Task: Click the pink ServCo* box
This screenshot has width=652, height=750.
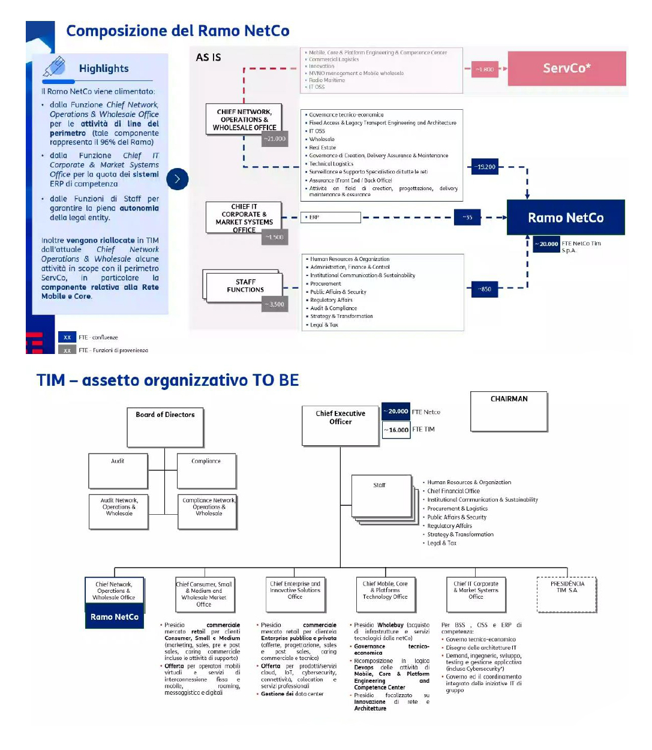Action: coord(567,68)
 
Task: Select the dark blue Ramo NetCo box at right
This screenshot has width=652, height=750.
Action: coord(566,218)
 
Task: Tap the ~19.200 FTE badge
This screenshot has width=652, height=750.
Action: coord(485,167)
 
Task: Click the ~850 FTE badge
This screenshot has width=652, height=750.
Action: coord(485,289)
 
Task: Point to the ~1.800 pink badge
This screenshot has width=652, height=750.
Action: coord(485,70)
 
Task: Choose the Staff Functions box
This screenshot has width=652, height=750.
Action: coord(245,286)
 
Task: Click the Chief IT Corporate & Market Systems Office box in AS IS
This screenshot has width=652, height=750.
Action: coord(244,218)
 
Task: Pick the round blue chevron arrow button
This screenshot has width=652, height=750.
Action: coord(177,179)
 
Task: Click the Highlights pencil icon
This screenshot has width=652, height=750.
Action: coord(55,67)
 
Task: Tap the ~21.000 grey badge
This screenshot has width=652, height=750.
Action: coord(275,139)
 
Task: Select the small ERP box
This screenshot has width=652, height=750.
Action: coord(330,217)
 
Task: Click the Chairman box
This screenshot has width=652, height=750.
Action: coord(509,411)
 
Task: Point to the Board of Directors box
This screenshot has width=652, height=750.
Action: coord(165,427)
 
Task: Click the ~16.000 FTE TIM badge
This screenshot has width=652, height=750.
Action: coord(396,430)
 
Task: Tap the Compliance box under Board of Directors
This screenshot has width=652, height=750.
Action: coord(206,470)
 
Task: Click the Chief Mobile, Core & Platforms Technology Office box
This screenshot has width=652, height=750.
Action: coord(385,593)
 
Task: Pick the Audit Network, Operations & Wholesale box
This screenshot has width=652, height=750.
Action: coord(119,511)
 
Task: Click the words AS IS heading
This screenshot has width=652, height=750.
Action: coord(208,58)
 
